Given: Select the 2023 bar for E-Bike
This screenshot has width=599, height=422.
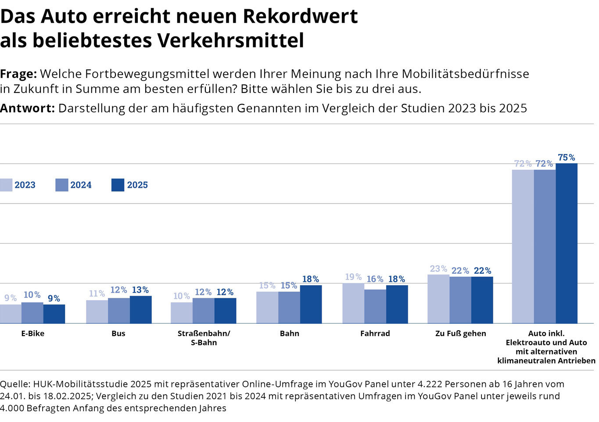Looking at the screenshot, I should [11, 314].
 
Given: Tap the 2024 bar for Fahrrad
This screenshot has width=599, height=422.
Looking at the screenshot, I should [375, 306].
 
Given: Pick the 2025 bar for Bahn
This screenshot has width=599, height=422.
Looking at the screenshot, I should [311, 304].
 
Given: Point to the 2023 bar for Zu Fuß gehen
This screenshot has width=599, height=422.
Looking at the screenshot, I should [438, 299].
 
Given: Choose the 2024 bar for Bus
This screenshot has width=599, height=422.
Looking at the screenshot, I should [119, 311].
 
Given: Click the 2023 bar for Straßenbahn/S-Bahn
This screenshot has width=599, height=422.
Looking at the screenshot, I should [182, 313].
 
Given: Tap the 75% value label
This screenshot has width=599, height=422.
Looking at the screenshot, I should [566, 157].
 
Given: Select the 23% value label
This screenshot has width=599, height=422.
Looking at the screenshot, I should [438, 268].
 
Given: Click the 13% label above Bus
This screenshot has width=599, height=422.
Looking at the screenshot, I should [140, 290].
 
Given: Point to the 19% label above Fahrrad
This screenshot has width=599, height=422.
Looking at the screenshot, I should [353, 277].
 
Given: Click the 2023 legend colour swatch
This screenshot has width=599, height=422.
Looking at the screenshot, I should [6, 185].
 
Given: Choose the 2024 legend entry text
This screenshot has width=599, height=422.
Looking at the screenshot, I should [81, 185].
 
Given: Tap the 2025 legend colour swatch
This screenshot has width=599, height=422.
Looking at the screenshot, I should [118, 185].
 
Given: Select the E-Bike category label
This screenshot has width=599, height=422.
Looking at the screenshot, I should [33, 333].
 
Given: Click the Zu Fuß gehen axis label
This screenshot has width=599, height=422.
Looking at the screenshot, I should [460, 333].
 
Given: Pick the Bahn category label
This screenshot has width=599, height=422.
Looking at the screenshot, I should [289, 333].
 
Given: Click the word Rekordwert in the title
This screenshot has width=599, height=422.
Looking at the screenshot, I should [300, 16].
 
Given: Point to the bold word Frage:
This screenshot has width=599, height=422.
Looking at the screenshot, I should [18, 74].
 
